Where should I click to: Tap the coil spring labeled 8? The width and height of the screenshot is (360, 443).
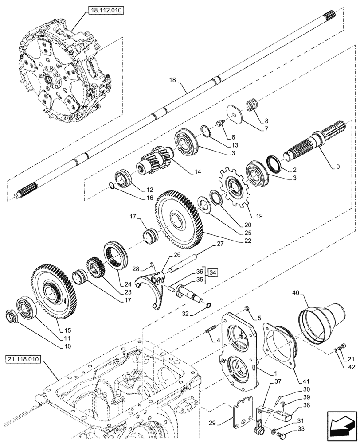(x=253, y=106)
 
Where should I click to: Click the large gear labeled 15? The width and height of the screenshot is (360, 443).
(x=54, y=291)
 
